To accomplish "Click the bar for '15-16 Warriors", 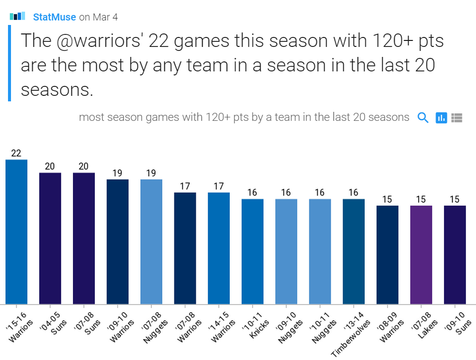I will [x=16, y=232].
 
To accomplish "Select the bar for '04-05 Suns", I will [x=50, y=238].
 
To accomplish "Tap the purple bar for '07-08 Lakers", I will [x=421, y=255].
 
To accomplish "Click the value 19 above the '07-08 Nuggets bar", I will [x=151, y=173].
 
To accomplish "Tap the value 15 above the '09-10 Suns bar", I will [x=455, y=200].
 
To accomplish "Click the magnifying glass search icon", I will [x=423, y=118].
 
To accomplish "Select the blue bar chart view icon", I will [x=441, y=118].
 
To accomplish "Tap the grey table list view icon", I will [x=457, y=118].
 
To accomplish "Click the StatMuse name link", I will [x=54, y=17].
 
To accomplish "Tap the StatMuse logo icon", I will [x=17, y=16].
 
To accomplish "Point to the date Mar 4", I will [x=105, y=17].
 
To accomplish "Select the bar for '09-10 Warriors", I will [x=117, y=242].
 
